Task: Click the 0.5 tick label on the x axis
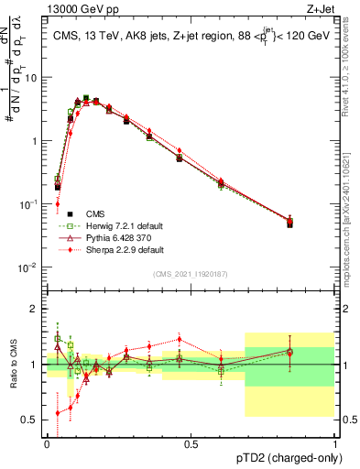191,443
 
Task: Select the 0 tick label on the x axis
47,443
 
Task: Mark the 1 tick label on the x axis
334,443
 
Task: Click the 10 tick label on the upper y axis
30,78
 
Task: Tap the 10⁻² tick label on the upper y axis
28,267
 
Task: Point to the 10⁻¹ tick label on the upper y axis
28,204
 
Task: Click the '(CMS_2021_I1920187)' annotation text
191,275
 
